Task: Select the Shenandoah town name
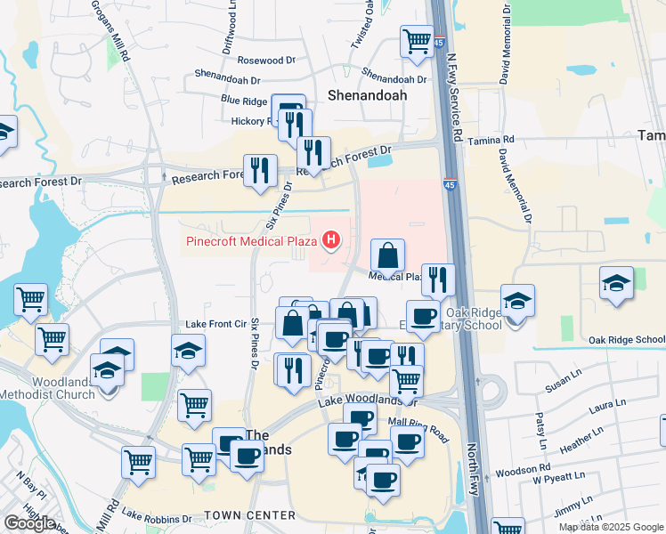(368, 94)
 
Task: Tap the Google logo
(29, 523)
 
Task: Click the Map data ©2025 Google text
(612, 527)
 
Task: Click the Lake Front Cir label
(215, 324)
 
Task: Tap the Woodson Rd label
(517, 470)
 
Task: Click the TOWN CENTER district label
(249, 515)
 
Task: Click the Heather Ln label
(589, 438)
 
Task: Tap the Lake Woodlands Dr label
(355, 397)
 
